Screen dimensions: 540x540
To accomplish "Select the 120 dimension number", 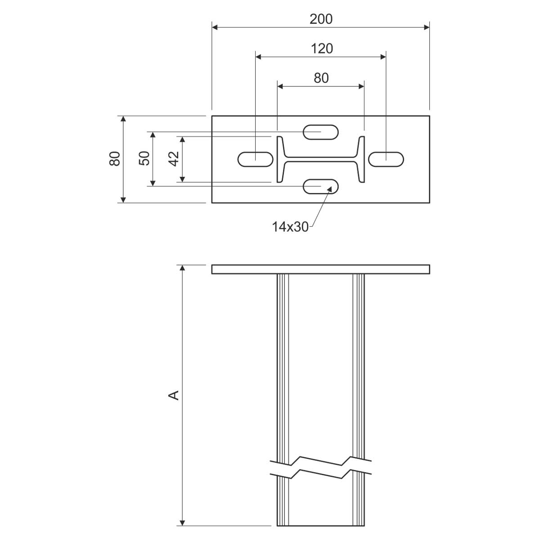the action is click(x=322, y=49).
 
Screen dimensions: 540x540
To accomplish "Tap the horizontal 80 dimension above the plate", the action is click(x=321, y=78).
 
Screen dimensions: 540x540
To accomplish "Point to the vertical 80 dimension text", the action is click(x=115, y=158).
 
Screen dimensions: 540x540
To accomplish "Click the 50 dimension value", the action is click(x=144, y=158).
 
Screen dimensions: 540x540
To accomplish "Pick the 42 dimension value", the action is click(x=174, y=158).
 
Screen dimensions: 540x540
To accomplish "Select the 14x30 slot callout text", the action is click(x=290, y=227).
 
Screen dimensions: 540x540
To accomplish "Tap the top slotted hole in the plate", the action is click(x=321, y=132).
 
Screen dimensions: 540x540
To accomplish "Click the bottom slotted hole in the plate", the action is click(x=321, y=187).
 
